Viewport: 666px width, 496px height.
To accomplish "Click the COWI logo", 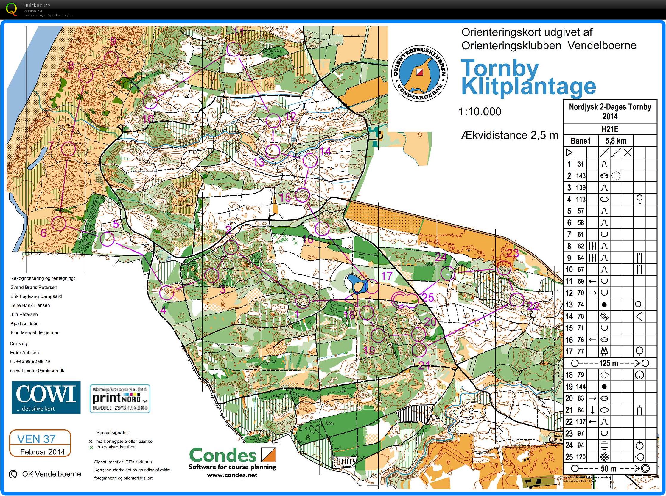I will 46,397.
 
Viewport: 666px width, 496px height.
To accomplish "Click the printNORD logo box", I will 120,399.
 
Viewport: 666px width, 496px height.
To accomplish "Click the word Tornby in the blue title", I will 495,68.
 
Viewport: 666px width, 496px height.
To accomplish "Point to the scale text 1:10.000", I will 480,112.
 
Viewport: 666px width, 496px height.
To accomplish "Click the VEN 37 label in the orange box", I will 36,439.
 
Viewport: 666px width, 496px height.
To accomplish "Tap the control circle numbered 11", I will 234,49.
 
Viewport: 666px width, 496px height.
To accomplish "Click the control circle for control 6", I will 59,223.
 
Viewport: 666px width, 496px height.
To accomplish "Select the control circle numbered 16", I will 322,229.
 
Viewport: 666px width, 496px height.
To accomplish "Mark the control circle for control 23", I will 504,268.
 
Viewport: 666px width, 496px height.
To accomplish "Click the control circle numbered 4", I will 166,293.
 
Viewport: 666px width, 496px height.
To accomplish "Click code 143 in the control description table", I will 581,176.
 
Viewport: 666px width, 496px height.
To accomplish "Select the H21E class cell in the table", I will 610,129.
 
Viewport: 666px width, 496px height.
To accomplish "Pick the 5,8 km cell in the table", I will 615,141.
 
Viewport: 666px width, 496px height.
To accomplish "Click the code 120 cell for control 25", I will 581,457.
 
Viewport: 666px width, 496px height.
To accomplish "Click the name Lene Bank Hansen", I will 30,305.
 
